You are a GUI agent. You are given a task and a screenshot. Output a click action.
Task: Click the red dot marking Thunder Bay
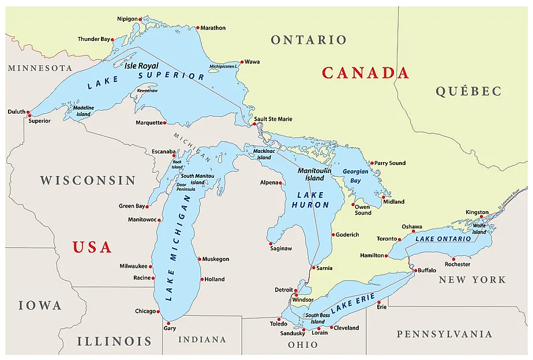(113, 40)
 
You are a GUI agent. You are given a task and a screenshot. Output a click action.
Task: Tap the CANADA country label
(365, 73)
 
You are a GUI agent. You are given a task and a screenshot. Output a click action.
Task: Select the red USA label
(92, 247)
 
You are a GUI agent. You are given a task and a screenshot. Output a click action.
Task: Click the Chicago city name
(145, 311)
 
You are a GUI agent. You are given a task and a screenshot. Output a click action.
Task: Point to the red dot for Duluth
(28, 113)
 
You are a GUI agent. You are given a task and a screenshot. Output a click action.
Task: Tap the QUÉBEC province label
(468, 91)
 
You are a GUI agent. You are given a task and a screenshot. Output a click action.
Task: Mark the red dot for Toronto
(399, 239)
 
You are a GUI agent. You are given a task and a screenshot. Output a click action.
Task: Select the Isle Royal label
(141, 66)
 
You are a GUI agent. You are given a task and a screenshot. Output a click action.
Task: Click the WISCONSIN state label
(88, 180)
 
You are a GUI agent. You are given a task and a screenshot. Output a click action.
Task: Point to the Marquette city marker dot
(165, 122)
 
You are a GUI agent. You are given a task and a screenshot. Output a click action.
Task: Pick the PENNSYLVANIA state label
(444, 334)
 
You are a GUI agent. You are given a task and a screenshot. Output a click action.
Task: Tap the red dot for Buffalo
(415, 270)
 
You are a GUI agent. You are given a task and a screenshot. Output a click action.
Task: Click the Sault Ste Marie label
(273, 119)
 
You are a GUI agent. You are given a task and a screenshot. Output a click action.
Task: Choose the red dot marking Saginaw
(271, 243)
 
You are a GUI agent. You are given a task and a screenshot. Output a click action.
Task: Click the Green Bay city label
(132, 206)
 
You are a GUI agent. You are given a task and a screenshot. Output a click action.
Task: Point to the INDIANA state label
(202, 339)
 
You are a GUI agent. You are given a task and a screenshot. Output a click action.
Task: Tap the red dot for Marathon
(197, 28)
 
